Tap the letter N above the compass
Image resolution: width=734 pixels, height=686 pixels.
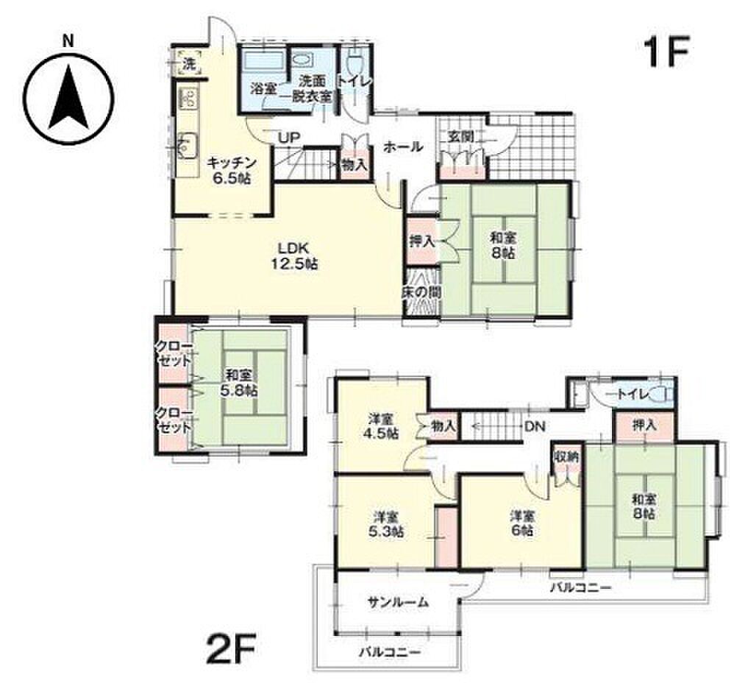(x=69, y=41)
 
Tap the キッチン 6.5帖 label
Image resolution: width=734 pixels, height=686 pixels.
(x=232, y=170)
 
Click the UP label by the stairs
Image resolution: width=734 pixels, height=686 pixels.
(x=289, y=138)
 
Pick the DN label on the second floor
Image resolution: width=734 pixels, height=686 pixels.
(x=535, y=426)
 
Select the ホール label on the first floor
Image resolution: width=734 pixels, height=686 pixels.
(x=403, y=147)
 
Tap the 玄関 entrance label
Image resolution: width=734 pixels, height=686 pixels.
(x=460, y=137)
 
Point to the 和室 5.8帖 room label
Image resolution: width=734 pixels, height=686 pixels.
(x=241, y=383)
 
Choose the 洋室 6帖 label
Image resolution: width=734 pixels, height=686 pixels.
(x=522, y=523)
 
